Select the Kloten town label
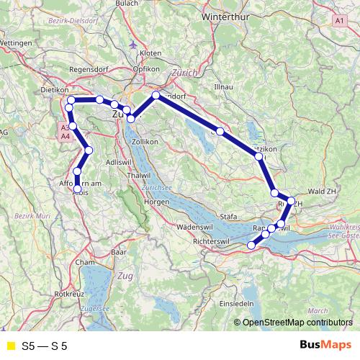tap(150, 54)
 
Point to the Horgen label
tap(156, 202)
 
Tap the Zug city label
tap(126, 276)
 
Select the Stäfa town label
tap(228, 216)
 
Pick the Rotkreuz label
tap(70, 294)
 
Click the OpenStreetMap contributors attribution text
tap(297, 322)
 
